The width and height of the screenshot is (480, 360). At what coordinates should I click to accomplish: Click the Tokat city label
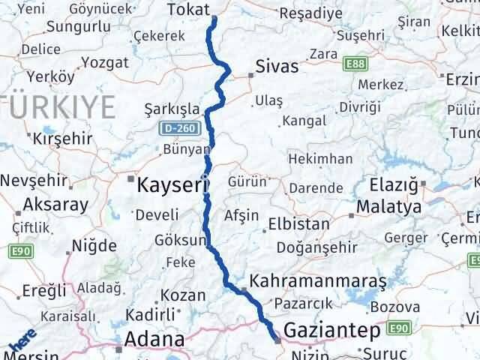click(188, 10)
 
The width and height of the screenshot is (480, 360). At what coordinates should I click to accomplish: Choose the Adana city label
click(155, 339)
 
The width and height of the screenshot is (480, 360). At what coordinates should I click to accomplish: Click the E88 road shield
click(355, 65)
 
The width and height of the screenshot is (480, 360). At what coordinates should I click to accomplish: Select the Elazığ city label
click(397, 183)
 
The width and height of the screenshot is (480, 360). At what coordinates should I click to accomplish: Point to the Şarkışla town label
click(172, 109)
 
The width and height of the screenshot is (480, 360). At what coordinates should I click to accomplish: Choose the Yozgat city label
click(104, 61)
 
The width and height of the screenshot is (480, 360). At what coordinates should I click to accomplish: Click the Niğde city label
click(94, 245)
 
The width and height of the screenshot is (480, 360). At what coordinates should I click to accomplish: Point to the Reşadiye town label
click(310, 13)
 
